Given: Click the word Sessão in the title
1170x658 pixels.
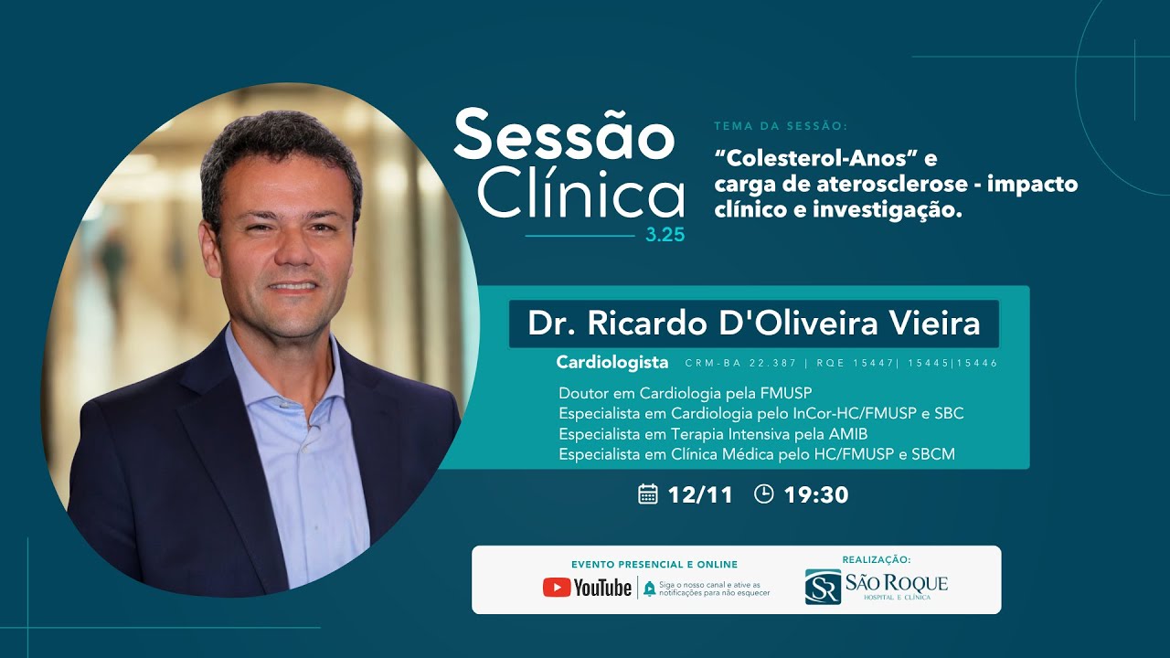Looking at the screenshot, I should click(563, 136).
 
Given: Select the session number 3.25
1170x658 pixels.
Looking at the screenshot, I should click(665, 235).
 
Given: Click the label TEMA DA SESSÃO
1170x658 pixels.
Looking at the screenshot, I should click(781, 126).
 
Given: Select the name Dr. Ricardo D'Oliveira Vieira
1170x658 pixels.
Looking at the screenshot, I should click(753, 324).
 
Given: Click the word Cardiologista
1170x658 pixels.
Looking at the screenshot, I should click(612, 363).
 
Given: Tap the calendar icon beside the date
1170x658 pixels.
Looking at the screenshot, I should click(648, 494).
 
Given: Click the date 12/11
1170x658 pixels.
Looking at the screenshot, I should click(700, 495).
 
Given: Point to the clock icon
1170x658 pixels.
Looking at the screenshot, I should click(764, 494).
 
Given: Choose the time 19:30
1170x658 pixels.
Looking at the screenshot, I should click(816, 495).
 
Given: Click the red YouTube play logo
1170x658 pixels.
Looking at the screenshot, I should click(556, 588).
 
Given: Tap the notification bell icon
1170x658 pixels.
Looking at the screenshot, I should click(649, 589).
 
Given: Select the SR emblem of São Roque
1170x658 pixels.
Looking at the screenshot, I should click(823, 587).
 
